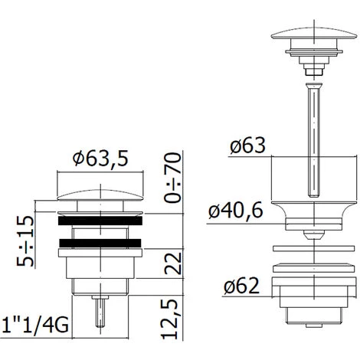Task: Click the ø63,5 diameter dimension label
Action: pyautogui.click(x=100, y=159)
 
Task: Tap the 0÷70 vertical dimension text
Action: pyautogui.click(x=172, y=178)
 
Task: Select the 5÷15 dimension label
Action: pyautogui.click(x=25, y=241)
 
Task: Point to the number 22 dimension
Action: pyautogui.click(x=173, y=263)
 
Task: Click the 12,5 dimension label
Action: pyautogui.click(x=169, y=319)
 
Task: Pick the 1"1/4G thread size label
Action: pyautogui.click(x=34, y=325)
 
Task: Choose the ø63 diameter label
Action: pyautogui.click(x=247, y=146)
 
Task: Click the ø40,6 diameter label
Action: pyautogui.click(x=235, y=211)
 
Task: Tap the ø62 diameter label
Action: pyautogui.click(x=241, y=286)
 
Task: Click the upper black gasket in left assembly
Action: pyautogui.click(x=100, y=221)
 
